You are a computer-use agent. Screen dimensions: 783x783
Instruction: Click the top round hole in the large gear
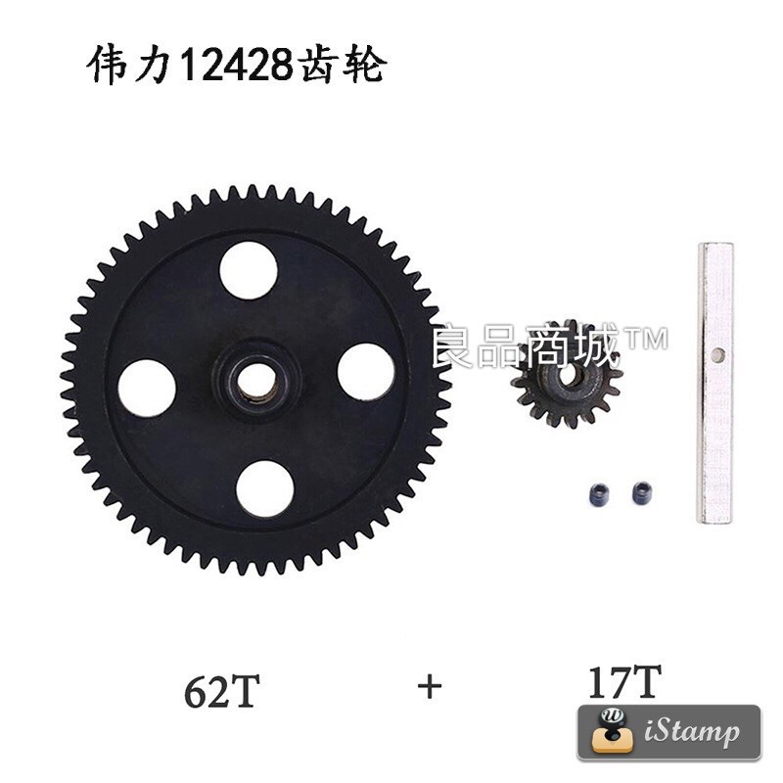(247, 270)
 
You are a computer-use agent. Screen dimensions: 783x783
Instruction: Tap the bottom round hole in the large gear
(265, 488)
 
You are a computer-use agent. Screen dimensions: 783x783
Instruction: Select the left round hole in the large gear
(147, 389)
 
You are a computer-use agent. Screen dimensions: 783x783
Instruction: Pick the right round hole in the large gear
(365, 374)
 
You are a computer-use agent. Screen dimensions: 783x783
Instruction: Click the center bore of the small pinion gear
(566, 375)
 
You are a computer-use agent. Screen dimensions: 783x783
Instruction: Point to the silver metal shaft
(714, 382)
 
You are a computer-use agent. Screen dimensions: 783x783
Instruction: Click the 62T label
(221, 691)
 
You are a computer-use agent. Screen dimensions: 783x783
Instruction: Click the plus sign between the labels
(429, 686)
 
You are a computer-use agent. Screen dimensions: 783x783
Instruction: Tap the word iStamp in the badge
(692, 732)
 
